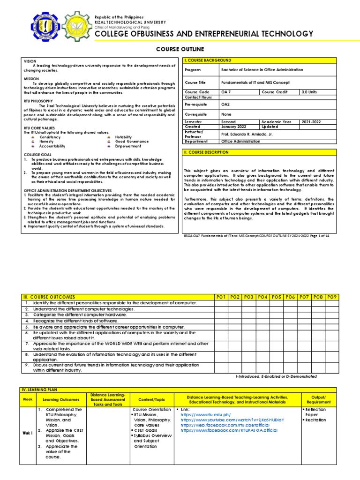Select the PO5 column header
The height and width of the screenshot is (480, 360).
(x=277, y=297)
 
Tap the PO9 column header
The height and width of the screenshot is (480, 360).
(x=332, y=297)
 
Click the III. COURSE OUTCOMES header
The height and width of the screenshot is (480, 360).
(x=49, y=297)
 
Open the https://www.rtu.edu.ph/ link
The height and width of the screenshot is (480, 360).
(x=206, y=414)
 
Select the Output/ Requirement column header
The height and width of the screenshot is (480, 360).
(x=319, y=399)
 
